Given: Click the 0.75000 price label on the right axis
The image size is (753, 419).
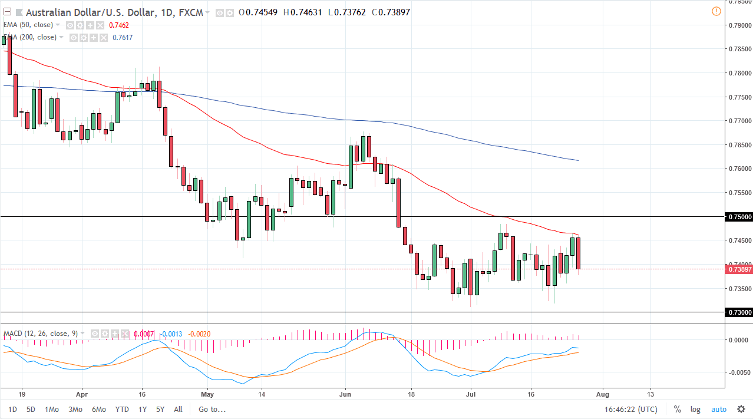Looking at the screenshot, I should (x=739, y=217).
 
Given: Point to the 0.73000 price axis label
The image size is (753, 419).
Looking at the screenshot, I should (x=739, y=312).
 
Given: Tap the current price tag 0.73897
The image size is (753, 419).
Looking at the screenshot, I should (x=739, y=269).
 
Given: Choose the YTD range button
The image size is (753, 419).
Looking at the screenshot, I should (x=122, y=409).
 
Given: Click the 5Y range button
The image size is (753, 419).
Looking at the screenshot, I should (x=160, y=409).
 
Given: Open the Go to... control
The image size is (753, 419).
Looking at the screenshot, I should (x=212, y=409).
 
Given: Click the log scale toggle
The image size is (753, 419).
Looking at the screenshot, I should (x=696, y=409).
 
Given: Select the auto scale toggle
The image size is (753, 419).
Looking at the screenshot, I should (x=719, y=409).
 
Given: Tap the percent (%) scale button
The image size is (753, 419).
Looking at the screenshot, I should (x=678, y=409).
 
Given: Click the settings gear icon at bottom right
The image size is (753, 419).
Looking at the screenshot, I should (x=741, y=409).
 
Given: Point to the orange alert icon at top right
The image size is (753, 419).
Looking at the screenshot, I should (x=716, y=11).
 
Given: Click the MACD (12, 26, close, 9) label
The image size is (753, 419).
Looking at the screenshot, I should (x=41, y=334).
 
